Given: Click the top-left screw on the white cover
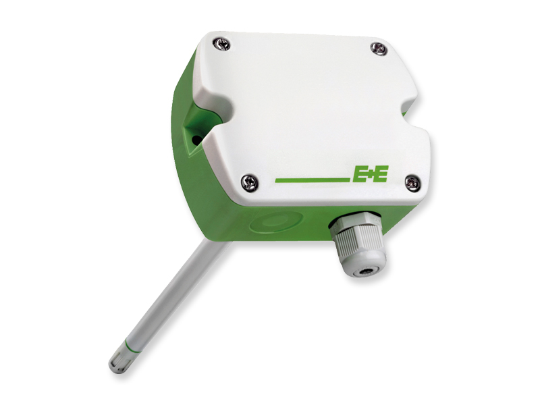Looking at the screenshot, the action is (221, 44).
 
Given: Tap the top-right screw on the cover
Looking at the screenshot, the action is (379, 48).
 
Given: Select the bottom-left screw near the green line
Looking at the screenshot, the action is (249, 182).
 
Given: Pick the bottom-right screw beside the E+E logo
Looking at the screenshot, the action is (412, 183).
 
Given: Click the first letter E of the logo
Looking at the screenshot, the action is (358, 174).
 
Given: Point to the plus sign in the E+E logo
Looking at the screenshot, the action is (369, 175).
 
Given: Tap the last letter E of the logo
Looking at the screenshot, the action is (380, 174).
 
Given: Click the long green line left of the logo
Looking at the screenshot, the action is (313, 180).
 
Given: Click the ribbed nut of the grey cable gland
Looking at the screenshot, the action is (353, 238).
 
